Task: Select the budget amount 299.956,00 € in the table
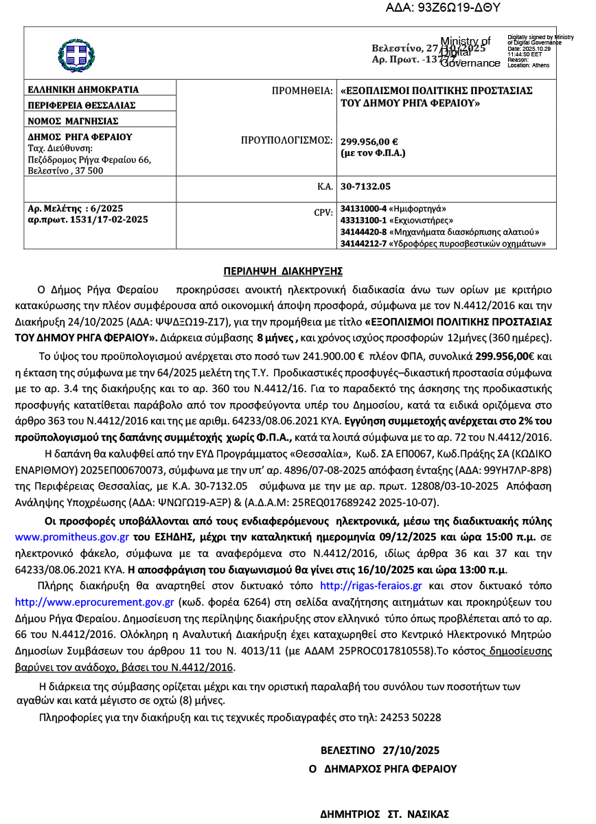point(369,142)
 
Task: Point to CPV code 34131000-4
point(363,208)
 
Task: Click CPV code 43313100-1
point(363,220)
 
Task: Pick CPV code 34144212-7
point(363,243)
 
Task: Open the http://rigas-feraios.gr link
point(371,586)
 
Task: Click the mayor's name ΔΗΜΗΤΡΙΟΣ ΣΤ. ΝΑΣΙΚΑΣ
point(385,814)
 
